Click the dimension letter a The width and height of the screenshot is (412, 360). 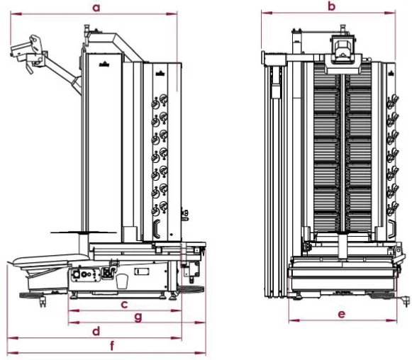pyautogui.click(x=96, y=8)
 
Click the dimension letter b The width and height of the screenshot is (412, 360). pyautogui.click(x=332, y=6)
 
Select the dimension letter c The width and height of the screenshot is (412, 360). pyautogui.click(x=124, y=305)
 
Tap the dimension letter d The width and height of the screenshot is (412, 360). pyautogui.click(x=96, y=331)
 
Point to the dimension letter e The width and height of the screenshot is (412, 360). pyautogui.click(x=341, y=314)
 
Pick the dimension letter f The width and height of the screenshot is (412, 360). pyautogui.click(x=112, y=346)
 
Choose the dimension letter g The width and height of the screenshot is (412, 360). pyautogui.click(x=138, y=317)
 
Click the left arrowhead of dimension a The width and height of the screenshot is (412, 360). pyautogui.click(x=16, y=13)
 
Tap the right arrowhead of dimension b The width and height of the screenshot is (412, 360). pyautogui.click(x=390, y=13)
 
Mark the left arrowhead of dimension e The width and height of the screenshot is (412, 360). pyautogui.click(x=294, y=320)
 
